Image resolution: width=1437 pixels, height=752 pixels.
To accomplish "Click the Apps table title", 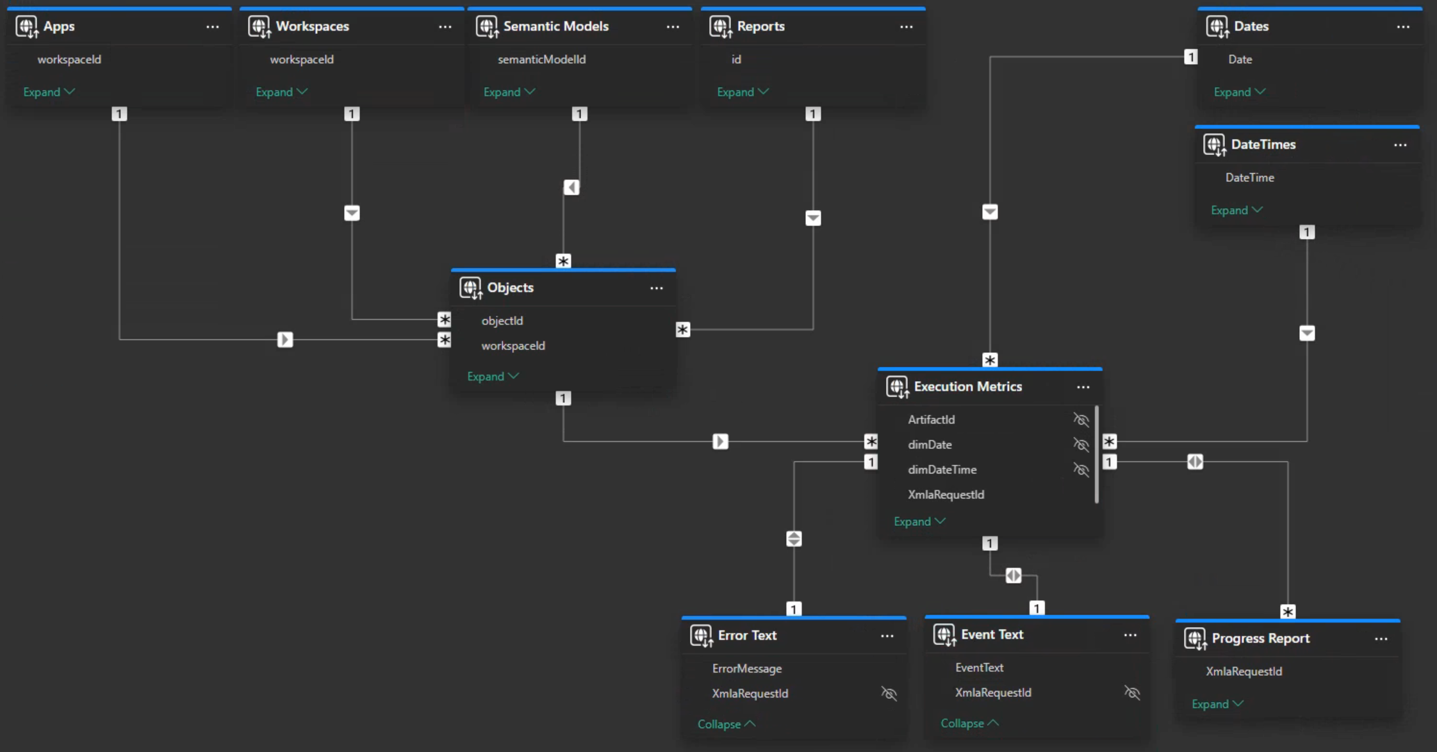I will [x=58, y=26].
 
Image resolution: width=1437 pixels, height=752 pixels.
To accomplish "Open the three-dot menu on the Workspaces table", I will [x=445, y=27].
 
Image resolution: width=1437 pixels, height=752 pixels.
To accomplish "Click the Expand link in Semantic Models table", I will [x=509, y=92].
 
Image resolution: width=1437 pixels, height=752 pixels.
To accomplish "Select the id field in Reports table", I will [x=736, y=59].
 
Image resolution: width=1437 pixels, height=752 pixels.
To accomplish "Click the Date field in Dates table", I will [x=1240, y=59].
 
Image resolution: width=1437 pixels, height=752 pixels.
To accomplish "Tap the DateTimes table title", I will [x=1263, y=144].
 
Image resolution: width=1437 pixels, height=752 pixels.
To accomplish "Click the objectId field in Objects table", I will [x=502, y=320].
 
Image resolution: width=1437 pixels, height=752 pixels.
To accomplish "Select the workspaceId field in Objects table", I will [x=513, y=345].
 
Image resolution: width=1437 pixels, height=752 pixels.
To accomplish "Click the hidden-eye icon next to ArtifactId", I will [x=1081, y=420].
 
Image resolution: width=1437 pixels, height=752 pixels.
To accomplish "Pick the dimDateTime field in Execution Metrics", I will [x=942, y=470].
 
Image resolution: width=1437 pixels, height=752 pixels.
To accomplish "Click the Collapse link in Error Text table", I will [x=726, y=724].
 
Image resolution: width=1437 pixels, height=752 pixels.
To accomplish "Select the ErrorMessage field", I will [x=746, y=668].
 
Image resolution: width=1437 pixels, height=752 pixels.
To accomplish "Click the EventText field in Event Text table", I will [x=979, y=667].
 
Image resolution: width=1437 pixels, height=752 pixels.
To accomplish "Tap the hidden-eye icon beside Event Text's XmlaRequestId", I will [x=1132, y=692].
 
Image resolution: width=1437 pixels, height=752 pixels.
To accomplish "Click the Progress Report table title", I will [x=1260, y=638].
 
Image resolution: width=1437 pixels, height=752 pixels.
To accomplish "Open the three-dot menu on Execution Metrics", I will [x=1083, y=387].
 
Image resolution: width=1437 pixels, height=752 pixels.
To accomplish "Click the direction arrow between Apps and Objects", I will [x=285, y=339].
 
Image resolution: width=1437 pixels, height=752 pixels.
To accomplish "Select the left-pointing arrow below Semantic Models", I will [x=571, y=187].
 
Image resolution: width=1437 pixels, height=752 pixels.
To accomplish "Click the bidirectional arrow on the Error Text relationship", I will [x=794, y=539].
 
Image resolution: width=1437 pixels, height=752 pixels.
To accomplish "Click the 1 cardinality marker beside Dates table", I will [x=1190, y=57].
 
